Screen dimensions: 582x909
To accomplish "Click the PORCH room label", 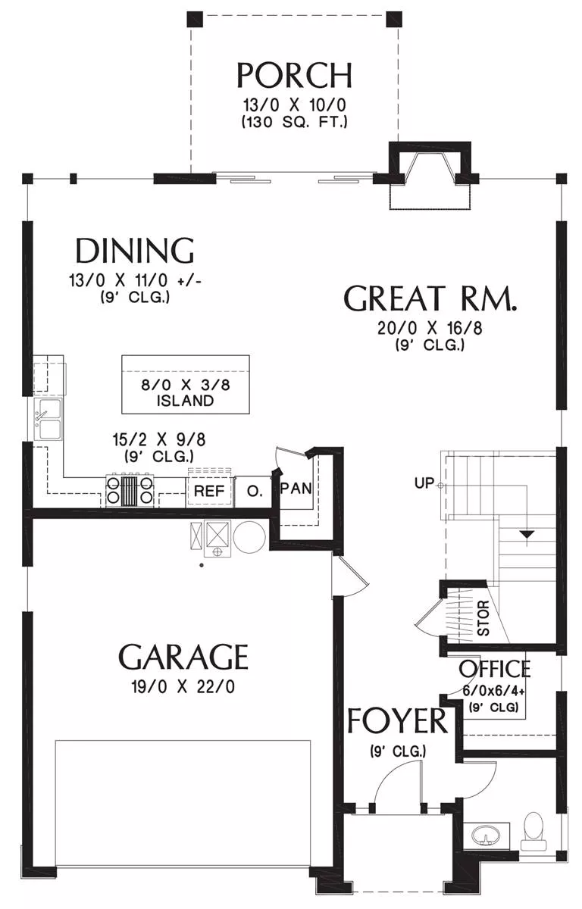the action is click(x=294, y=76).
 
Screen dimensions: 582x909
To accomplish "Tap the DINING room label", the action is click(x=135, y=251).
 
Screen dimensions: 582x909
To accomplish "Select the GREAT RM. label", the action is click(x=430, y=298).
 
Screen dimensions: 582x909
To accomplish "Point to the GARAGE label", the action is click(x=183, y=658).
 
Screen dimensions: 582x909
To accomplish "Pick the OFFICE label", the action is click(x=494, y=669).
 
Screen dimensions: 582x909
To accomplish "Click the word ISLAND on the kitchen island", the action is click(x=185, y=401).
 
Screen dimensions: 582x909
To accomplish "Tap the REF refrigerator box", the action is click(x=209, y=491).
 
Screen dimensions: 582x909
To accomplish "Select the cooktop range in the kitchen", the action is click(x=130, y=490).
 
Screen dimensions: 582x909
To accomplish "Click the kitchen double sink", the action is click(x=48, y=418).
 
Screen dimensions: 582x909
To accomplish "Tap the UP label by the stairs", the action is click(x=424, y=483).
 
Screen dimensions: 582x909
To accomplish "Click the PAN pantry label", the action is click(x=296, y=488).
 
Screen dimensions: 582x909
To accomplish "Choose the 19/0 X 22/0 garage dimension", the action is click(x=183, y=687).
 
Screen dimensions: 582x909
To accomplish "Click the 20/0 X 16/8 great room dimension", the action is click(x=430, y=328).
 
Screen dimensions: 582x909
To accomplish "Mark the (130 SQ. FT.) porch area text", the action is click(x=294, y=122).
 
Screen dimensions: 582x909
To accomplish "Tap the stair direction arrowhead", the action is click(x=527, y=535).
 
